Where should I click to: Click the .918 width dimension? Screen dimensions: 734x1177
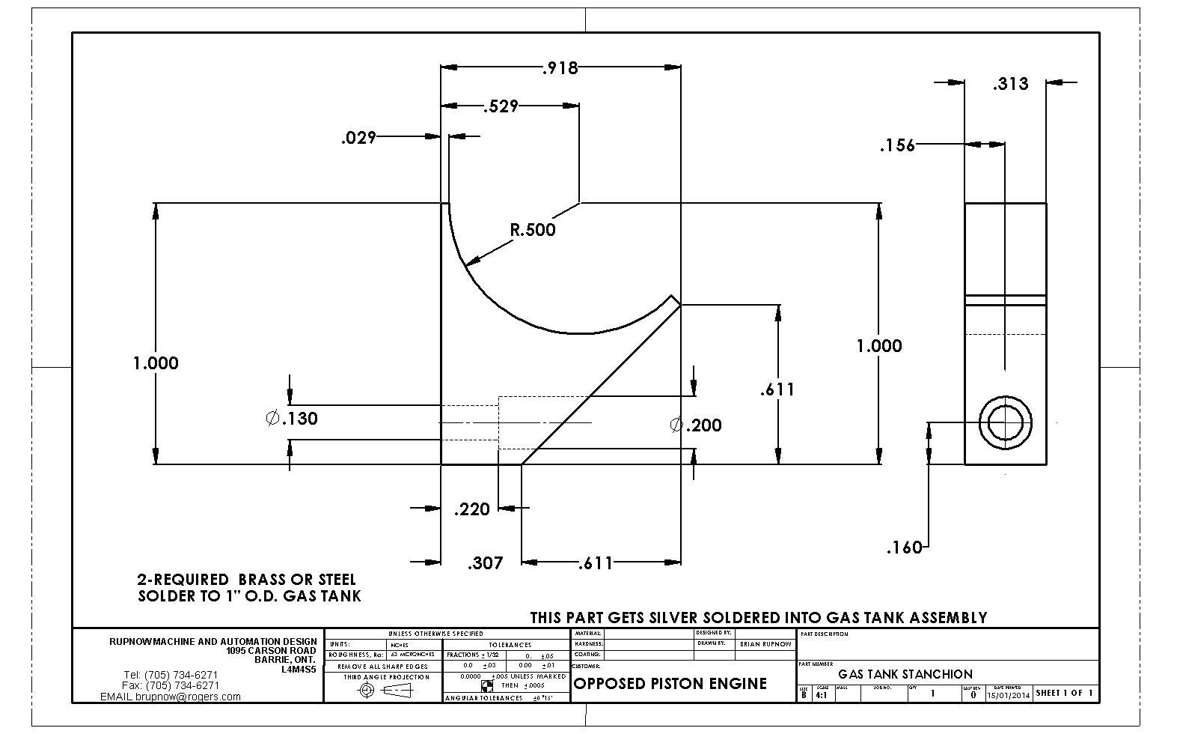560,68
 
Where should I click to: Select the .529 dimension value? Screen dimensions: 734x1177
501,106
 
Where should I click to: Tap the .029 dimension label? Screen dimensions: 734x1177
358,137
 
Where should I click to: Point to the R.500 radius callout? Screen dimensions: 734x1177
533,230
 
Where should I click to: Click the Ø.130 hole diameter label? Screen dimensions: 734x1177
293,419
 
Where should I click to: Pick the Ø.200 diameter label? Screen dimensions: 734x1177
696,425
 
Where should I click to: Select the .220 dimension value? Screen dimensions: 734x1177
472,510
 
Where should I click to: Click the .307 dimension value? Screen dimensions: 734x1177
485,563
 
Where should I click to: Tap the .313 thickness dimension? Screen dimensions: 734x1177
1010,84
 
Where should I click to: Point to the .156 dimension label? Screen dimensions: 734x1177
897,145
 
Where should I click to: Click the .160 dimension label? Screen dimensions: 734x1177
904,548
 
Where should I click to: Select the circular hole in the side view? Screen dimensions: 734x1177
1005,423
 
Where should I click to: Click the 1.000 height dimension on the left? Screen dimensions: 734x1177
156,363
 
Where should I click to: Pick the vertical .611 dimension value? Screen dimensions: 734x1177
777,389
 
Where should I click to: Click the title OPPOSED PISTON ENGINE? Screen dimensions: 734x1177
670,683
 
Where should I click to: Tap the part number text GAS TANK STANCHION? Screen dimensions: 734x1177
905,674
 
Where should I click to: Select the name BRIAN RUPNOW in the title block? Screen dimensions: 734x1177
765,643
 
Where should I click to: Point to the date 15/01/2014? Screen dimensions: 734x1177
1008,694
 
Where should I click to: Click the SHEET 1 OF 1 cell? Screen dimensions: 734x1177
1064,693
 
